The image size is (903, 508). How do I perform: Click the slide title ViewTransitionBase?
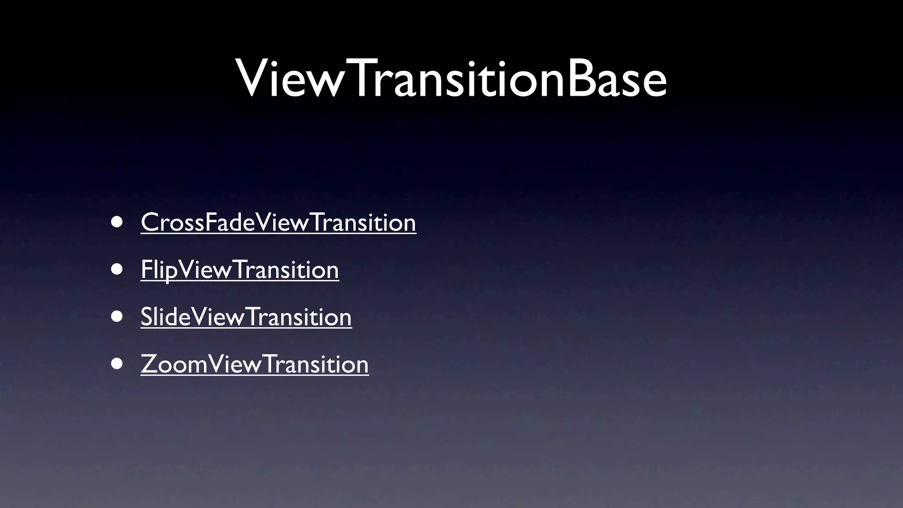pos(451,78)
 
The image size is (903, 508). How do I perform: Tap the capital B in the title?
pos(578,78)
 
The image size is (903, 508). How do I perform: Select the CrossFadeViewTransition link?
pos(278,222)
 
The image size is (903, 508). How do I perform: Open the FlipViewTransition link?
pos(240,269)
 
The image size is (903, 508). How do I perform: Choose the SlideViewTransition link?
pos(246,317)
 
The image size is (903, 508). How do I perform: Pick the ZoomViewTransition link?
pos(254,364)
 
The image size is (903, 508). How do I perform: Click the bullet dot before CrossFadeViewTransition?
pos(117,222)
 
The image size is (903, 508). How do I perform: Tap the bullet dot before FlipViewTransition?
pos(117,269)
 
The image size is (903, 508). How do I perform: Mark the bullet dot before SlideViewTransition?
pos(117,317)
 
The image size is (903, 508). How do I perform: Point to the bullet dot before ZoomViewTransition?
pos(117,364)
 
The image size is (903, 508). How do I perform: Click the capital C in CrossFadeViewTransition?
pos(150,222)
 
